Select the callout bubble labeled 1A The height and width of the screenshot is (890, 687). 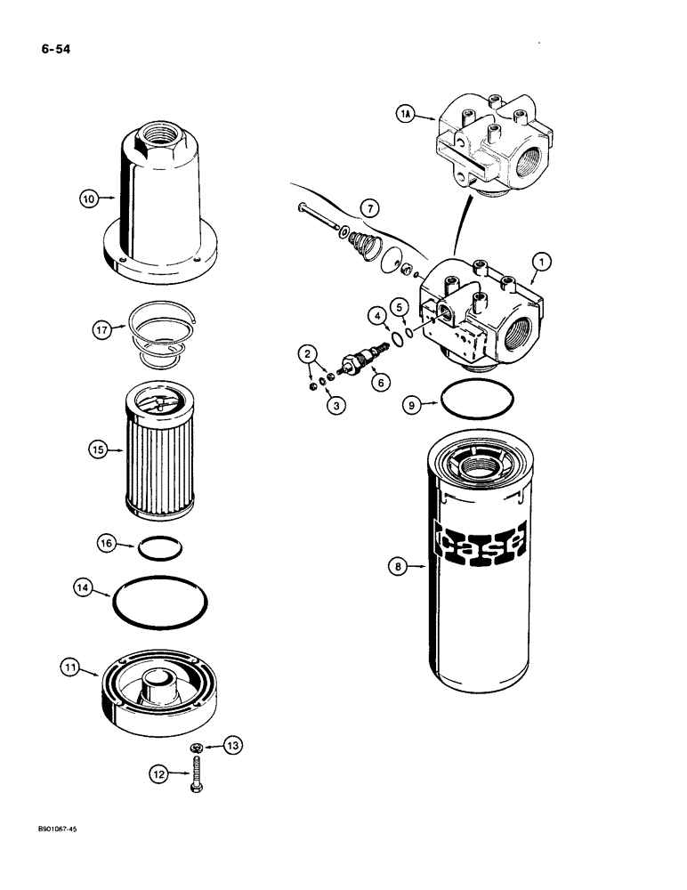click(404, 113)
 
